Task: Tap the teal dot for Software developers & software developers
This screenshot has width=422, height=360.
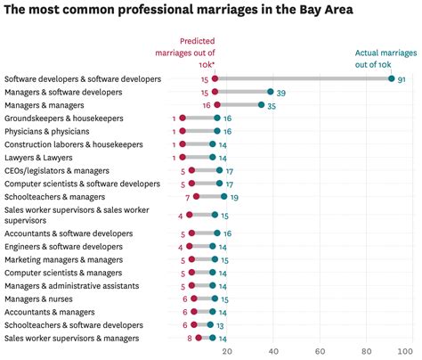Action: tap(390, 79)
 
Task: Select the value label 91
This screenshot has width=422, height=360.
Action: tap(402, 79)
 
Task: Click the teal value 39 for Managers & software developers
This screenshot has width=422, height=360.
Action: tap(280, 92)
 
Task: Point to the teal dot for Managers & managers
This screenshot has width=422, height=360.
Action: tap(262, 104)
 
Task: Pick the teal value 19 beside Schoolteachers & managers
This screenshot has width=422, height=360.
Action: tap(234, 196)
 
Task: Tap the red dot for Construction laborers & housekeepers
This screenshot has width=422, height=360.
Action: tap(183, 143)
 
